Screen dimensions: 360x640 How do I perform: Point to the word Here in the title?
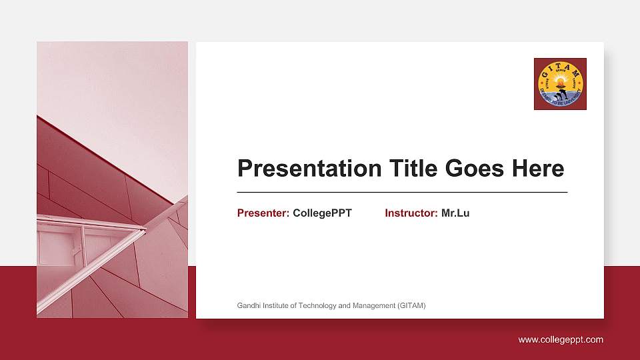(537, 169)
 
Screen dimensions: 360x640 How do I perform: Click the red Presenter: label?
(263, 213)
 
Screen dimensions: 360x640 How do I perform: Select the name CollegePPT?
(322, 213)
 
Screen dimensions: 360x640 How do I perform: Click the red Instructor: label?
(411, 213)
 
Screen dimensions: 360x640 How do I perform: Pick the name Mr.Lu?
(455, 213)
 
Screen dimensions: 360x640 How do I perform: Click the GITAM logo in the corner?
(560, 84)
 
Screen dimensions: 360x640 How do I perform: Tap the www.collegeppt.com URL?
(561, 340)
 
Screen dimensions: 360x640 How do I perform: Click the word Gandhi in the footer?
(248, 306)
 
